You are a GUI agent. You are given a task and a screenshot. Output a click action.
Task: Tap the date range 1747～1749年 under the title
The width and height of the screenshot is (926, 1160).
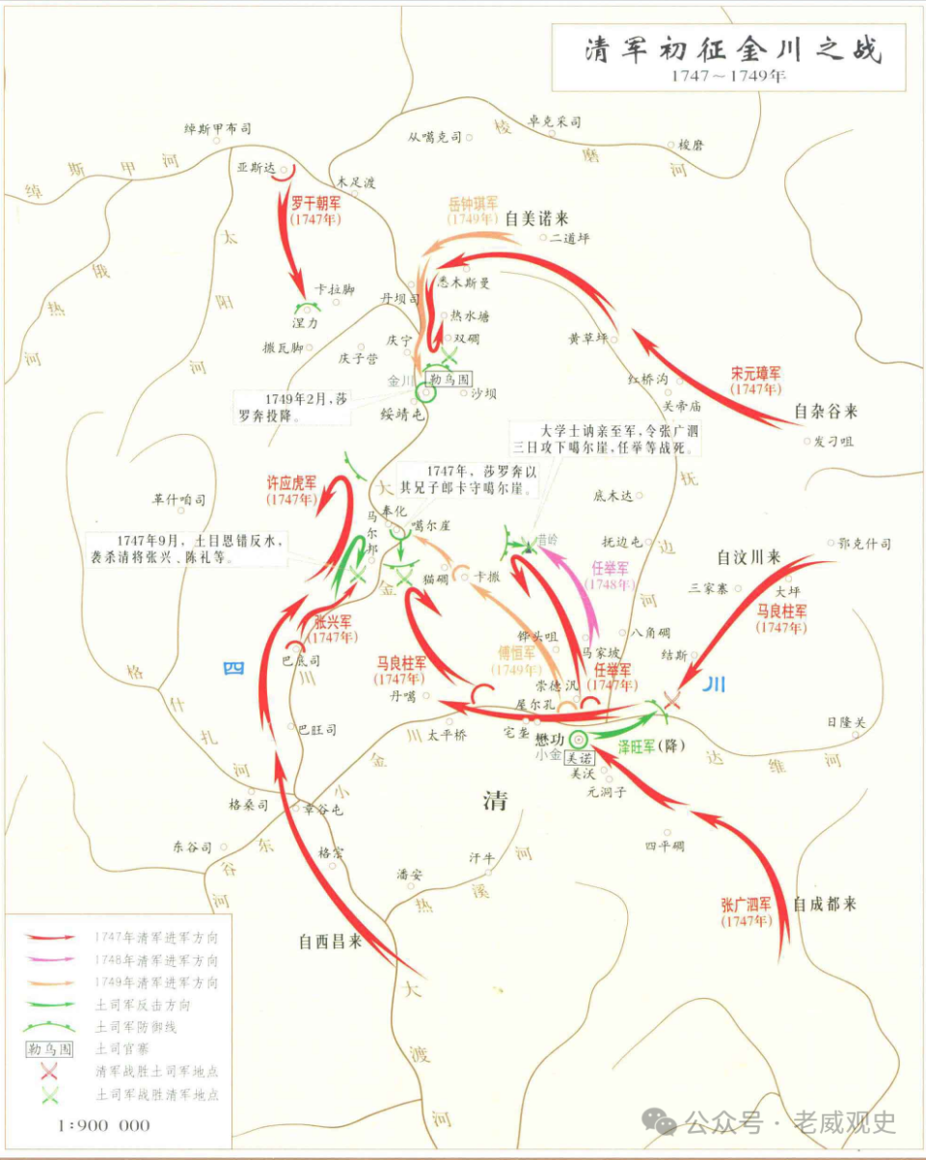(x=730, y=76)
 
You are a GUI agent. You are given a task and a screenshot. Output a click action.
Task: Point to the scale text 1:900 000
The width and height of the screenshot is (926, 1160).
(x=104, y=1124)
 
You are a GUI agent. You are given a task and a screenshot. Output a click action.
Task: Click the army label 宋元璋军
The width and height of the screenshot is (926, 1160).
(x=756, y=372)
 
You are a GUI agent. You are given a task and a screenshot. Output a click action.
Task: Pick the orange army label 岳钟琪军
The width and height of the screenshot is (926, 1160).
(x=473, y=204)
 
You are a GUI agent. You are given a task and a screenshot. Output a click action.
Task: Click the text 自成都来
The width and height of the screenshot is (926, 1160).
(x=825, y=904)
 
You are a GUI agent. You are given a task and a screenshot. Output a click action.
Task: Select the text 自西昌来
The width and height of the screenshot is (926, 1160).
(x=330, y=941)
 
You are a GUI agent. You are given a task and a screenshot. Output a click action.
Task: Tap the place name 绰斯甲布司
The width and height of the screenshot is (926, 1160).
(x=218, y=127)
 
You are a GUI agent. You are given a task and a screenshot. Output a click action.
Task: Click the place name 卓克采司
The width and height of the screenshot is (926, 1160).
(x=555, y=122)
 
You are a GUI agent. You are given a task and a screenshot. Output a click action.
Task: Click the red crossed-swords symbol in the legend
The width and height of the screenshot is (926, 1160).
(x=49, y=1071)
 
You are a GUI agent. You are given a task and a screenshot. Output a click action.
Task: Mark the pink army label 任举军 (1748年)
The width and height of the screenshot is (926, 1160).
(x=610, y=569)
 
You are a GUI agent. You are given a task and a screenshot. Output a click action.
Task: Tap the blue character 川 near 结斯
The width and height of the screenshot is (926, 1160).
(x=714, y=685)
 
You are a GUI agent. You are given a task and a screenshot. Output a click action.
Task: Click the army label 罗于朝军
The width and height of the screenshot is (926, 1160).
(x=314, y=202)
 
